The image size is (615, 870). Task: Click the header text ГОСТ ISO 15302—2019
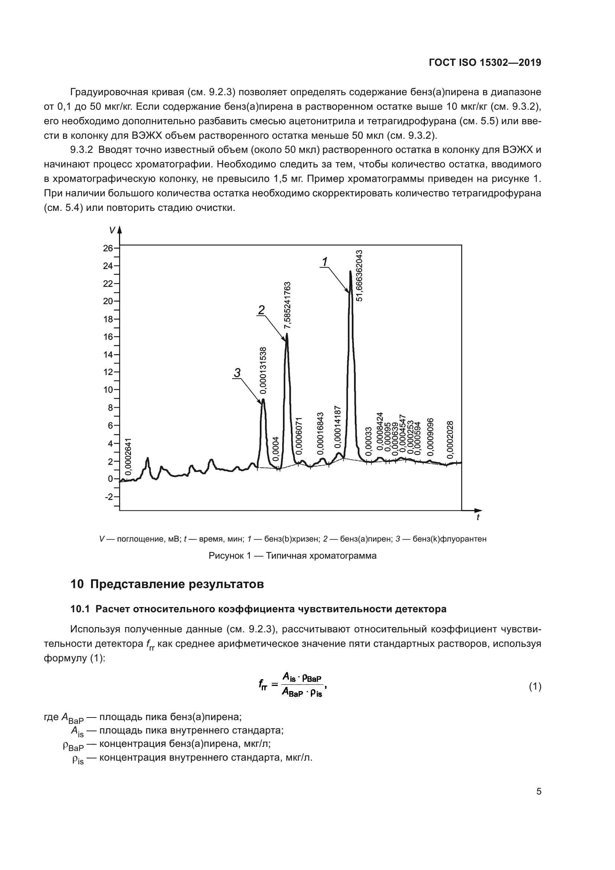click(x=485, y=62)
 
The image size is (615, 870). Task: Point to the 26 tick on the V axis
click(x=108, y=248)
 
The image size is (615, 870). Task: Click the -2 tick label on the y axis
click(x=109, y=497)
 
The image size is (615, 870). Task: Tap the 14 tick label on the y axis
click(x=108, y=355)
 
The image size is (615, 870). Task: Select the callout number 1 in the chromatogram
click(x=325, y=262)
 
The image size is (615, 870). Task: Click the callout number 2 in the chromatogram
click(x=261, y=310)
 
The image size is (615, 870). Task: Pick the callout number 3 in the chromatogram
click(x=237, y=373)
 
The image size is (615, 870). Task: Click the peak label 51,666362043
click(x=360, y=276)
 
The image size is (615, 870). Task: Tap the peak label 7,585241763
click(x=287, y=305)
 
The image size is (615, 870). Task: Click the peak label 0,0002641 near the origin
click(x=128, y=457)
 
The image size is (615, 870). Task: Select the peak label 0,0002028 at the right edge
click(x=450, y=440)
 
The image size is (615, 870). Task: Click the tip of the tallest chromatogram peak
click(x=351, y=271)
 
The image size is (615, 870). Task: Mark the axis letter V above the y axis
click(x=112, y=230)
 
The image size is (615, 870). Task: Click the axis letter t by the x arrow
click(x=478, y=517)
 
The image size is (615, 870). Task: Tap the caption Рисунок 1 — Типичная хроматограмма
click(x=292, y=556)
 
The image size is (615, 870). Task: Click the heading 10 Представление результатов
click(x=167, y=584)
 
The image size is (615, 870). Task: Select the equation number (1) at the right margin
click(x=535, y=687)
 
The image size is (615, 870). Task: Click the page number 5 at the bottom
click(x=538, y=791)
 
